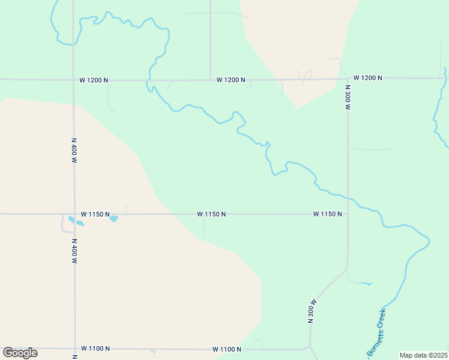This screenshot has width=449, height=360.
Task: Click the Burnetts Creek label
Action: click(376, 332)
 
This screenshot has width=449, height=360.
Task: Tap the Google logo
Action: click(20, 353)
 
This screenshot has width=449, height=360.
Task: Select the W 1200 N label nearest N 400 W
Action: click(94, 80)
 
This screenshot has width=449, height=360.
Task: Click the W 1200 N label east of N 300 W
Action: click(368, 78)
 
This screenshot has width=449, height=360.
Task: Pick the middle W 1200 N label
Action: click(231, 80)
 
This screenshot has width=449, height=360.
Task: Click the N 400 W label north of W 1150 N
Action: click(74, 150)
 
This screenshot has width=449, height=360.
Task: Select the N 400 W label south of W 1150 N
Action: click(74, 251)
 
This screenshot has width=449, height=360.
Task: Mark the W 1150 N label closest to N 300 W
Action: click(327, 214)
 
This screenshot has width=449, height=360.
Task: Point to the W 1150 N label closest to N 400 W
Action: click(95, 214)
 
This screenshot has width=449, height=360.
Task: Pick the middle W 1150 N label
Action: click(211, 214)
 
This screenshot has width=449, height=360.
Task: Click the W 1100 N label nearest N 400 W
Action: click(95, 349)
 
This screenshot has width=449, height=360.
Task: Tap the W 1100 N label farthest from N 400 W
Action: click(227, 349)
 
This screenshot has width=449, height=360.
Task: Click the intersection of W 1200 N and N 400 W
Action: click(73, 79)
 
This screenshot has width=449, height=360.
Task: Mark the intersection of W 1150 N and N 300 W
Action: click(348, 214)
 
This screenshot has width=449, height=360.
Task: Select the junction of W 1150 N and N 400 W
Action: click(74, 214)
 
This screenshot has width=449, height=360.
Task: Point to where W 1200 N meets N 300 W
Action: click(348, 79)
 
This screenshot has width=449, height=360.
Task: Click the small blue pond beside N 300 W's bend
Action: click(366, 283)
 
